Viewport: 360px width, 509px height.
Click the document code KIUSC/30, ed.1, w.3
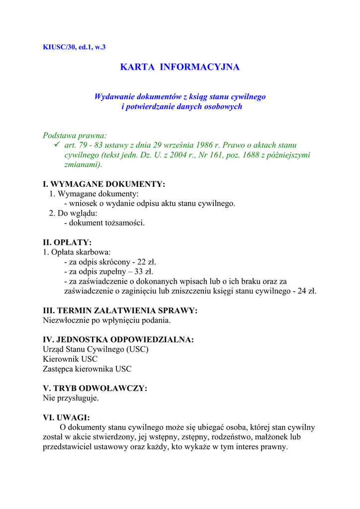click(74, 47)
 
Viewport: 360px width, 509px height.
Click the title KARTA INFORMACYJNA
click(180, 67)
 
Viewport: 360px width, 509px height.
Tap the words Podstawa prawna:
click(75, 135)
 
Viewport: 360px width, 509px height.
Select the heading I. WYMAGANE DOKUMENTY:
click(104, 184)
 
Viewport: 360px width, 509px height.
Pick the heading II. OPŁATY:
click(67, 243)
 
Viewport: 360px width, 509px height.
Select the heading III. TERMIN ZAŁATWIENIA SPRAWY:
click(120, 310)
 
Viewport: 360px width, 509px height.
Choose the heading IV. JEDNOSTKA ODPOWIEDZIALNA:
click(118, 340)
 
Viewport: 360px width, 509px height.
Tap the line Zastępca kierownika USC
click(87, 369)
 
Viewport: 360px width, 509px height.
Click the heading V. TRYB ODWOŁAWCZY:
click(95, 388)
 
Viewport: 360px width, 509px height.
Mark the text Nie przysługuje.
click(71, 398)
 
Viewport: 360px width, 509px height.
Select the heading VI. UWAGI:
click(66, 418)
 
